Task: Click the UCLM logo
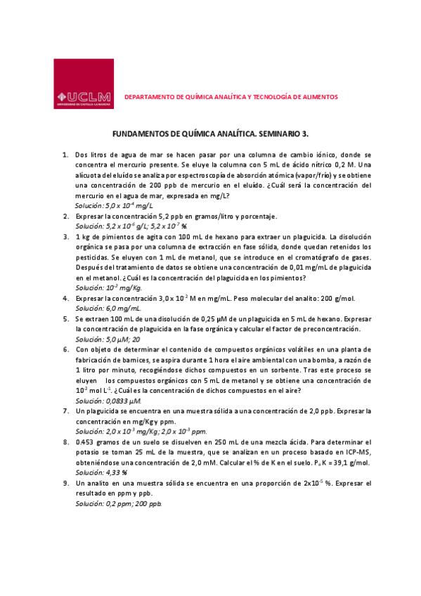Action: pyautogui.click(x=83, y=84)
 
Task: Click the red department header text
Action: pyautogui.click(x=231, y=96)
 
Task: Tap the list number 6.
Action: pyautogui.click(x=65, y=349)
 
